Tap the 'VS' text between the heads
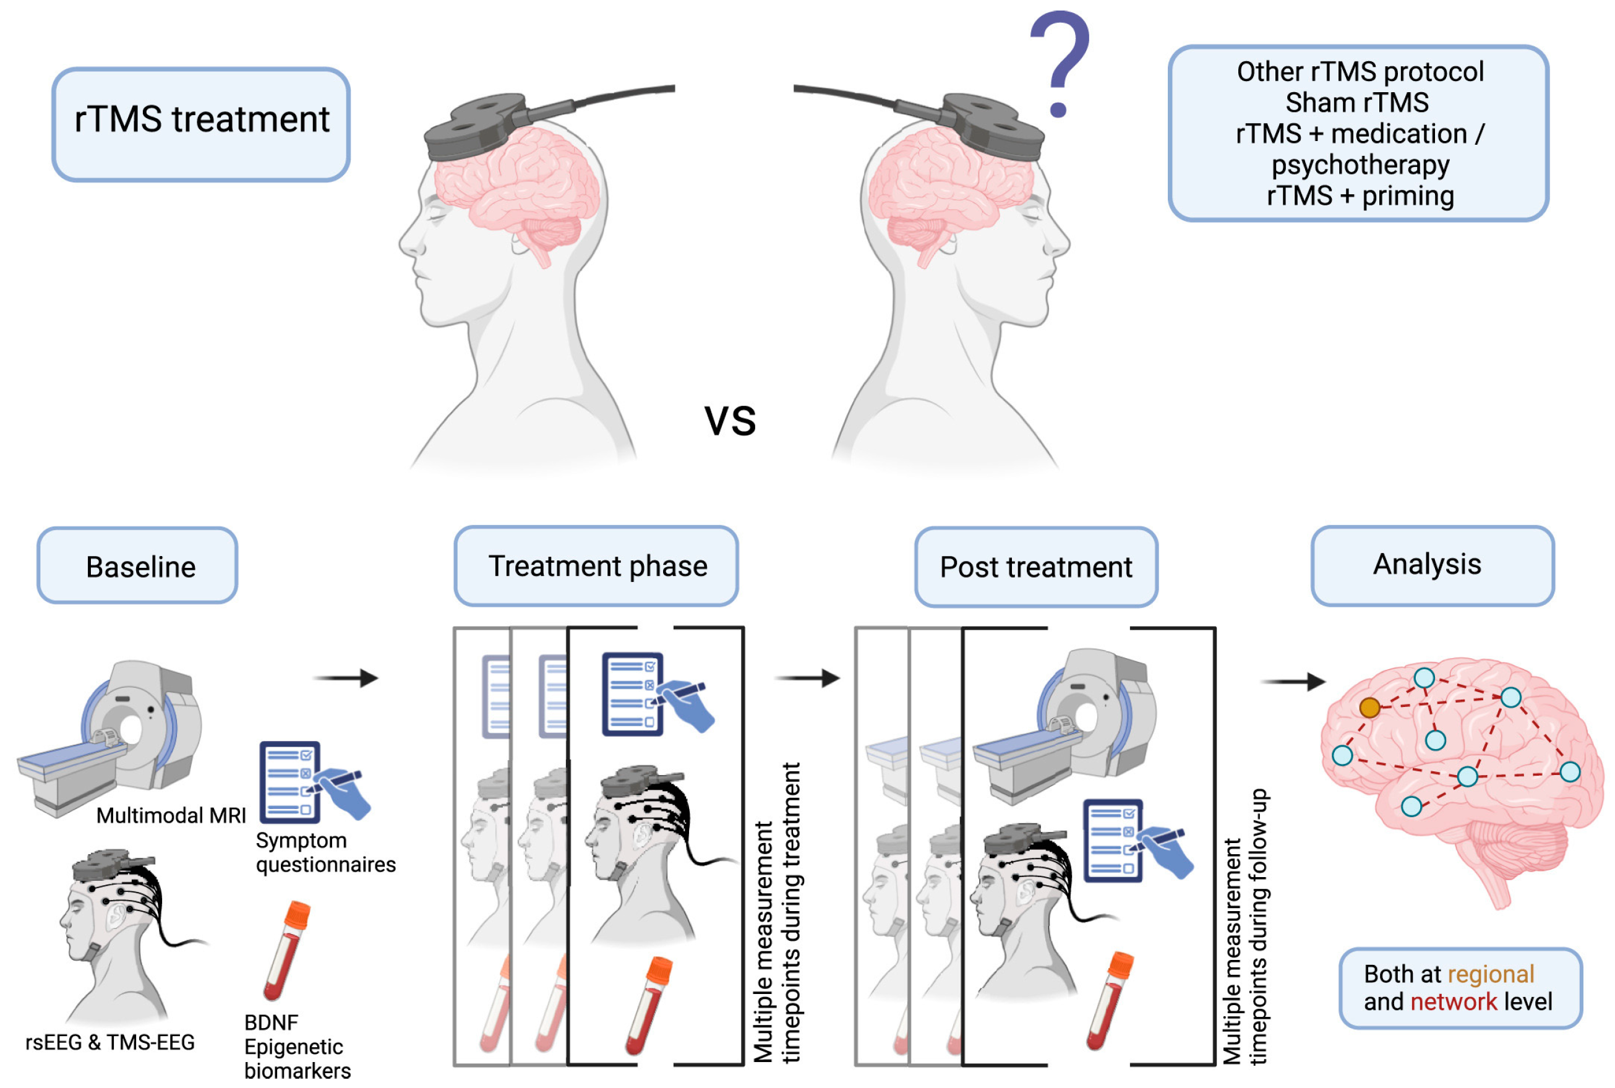[x=730, y=421]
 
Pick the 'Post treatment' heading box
[x=1035, y=566]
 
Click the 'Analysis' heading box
[x=1431, y=565]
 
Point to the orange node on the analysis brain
[x=1369, y=707]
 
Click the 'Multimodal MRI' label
[x=171, y=815]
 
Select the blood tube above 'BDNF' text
[x=286, y=951]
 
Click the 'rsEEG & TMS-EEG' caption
[x=109, y=1042]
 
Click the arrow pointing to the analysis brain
[x=1292, y=682]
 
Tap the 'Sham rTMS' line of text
[x=1357, y=103]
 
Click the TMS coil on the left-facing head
[x=479, y=125]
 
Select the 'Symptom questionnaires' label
[x=325, y=852]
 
